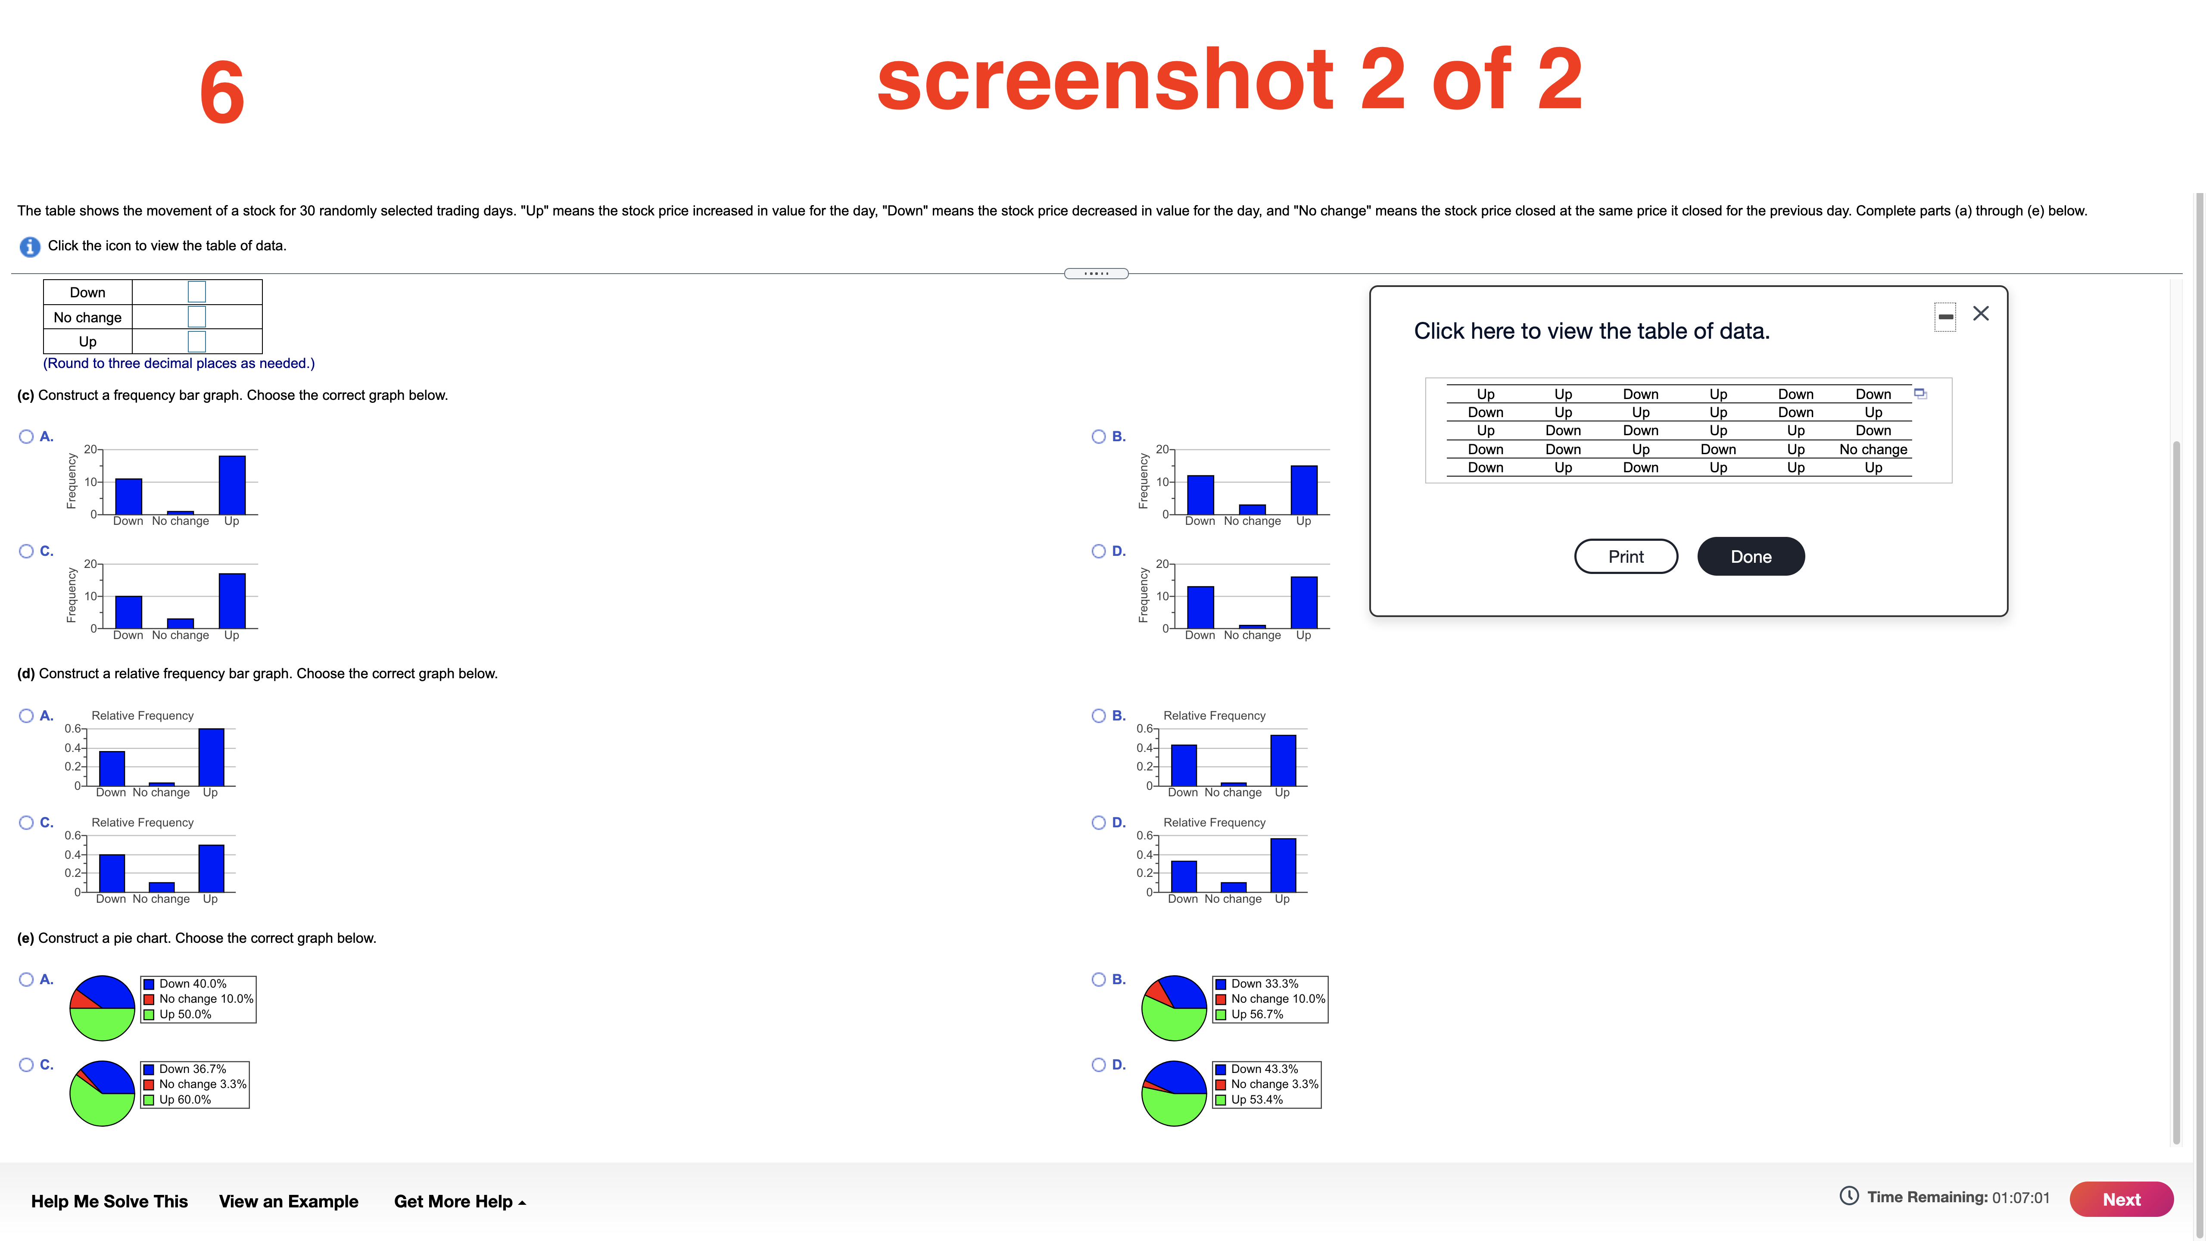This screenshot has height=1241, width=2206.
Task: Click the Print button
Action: point(1625,557)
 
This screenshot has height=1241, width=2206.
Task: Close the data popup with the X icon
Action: point(1981,313)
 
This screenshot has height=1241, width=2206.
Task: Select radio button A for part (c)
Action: point(27,437)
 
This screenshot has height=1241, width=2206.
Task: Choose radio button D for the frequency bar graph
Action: point(1099,551)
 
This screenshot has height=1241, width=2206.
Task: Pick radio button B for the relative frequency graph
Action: point(1099,715)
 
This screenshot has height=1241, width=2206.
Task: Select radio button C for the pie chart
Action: point(27,1065)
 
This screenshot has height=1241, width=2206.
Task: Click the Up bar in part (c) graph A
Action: point(232,485)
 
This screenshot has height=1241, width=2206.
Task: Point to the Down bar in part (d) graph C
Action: point(112,873)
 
